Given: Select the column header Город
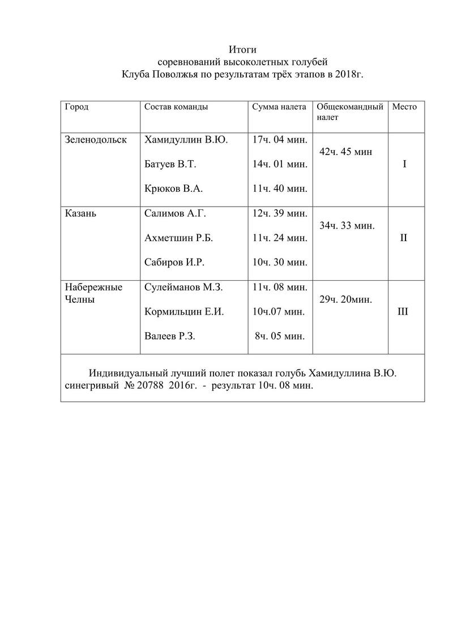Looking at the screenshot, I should coord(77,107).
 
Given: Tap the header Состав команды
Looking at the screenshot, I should coord(176,107).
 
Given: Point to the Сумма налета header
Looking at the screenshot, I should coord(279,107).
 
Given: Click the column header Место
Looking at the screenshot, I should coord(404,107).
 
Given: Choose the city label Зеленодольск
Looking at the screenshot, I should coord(96,140).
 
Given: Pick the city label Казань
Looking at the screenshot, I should coord(80,214).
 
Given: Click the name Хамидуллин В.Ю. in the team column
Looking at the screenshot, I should coord(186,140).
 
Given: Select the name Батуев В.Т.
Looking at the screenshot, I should coord(170,165).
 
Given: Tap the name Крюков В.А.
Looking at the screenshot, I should coord(173,189).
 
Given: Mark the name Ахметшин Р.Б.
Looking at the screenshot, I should coord(179,238).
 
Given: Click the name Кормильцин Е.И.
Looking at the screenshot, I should coord(185,312).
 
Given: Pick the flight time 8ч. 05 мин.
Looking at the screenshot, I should coord(279,336).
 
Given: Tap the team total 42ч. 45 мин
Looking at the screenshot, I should coord(346,152).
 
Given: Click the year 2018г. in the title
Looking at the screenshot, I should coord(348,74).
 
